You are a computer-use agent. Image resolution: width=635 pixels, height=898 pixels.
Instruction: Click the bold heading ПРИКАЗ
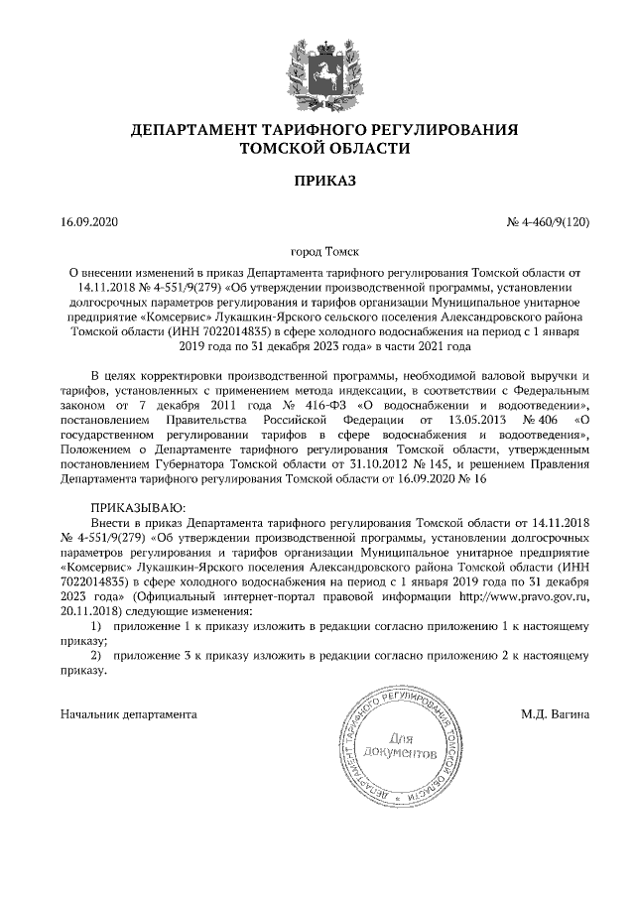point(317,181)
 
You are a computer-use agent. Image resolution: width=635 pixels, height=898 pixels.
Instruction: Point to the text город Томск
point(317,252)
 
